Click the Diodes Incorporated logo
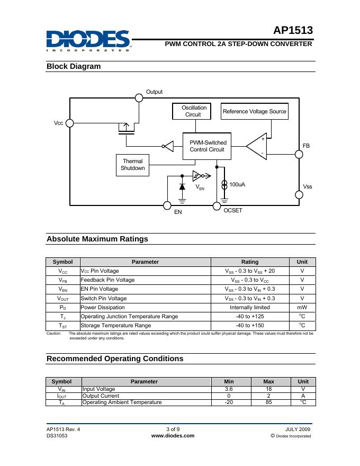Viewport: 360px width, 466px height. point(88,40)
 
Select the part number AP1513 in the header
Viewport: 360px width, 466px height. point(293,31)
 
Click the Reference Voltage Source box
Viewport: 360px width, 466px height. point(254,111)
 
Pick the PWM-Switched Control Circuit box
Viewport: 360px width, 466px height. point(208,146)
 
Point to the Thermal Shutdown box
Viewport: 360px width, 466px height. point(132,165)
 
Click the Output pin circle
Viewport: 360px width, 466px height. point(139,97)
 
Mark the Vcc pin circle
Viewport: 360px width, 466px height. point(69,123)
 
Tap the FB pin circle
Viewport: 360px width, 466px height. point(299,154)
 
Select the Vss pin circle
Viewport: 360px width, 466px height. point(299,194)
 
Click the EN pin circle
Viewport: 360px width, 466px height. point(167,205)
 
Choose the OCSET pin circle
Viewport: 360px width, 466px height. point(217,205)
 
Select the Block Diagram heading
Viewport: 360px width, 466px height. point(74,66)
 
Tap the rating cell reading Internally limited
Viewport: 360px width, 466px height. point(249,307)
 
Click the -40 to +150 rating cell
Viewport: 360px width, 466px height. point(249,325)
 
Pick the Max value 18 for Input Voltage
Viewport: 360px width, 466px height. point(269,389)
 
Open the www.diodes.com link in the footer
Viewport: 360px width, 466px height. point(173,436)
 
